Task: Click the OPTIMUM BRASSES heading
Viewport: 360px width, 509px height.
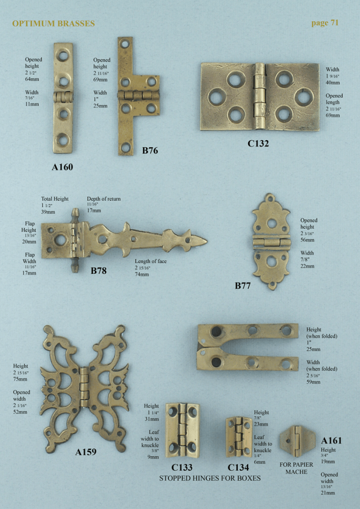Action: (x=53, y=23)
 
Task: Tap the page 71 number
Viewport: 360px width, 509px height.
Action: (x=325, y=22)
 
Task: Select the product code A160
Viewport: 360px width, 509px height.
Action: (x=62, y=167)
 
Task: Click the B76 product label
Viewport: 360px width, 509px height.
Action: (x=150, y=150)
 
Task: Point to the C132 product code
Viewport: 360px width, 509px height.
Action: (x=258, y=144)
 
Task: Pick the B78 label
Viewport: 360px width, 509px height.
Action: (x=98, y=271)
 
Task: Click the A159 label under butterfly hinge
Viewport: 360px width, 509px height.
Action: (x=86, y=452)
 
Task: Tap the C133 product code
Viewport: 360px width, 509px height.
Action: (x=182, y=467)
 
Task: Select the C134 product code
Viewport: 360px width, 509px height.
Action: (x=238, y=467)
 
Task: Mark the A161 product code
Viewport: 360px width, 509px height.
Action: (x=331, y=440)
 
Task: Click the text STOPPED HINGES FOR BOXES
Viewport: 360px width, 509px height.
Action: (x=210, y=478)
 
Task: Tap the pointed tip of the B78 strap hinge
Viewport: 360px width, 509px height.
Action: (x=205, y=241)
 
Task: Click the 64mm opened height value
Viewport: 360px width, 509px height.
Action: (x=32, y=79)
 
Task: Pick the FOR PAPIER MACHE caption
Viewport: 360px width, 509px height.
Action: (x=296, y=468)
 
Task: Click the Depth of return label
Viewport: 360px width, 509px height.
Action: (x=103, y=199)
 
